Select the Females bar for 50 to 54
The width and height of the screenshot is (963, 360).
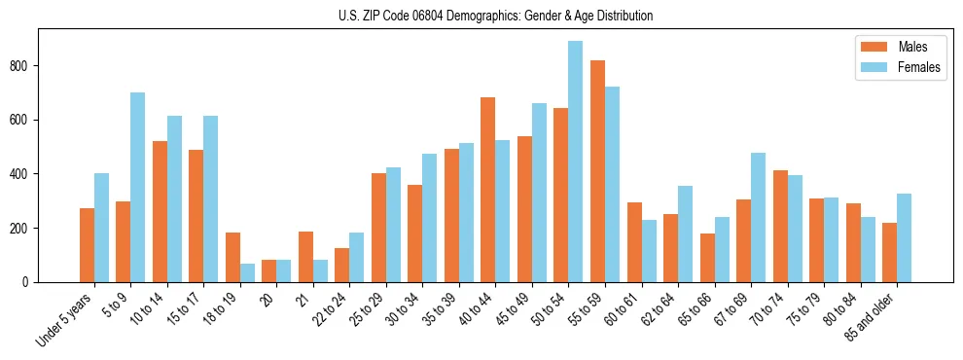click(575, 162)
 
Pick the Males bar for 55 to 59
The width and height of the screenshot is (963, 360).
click(597, 171)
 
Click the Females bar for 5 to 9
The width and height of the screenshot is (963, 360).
click(137, 188)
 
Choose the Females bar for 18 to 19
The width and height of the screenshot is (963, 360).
click(247, 272)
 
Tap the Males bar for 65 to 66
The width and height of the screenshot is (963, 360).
click(706, 258)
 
